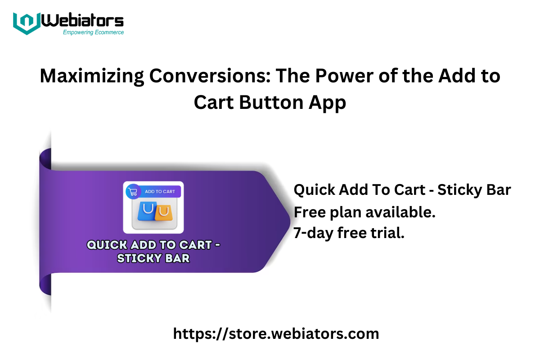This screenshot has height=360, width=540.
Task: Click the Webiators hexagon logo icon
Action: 27,23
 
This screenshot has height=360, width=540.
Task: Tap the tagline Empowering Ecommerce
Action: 93,32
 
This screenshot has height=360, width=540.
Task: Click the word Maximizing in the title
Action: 92,76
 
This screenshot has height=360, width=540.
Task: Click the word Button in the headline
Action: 271,102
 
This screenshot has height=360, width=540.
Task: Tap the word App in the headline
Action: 328,103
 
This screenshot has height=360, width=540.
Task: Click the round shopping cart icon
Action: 133,192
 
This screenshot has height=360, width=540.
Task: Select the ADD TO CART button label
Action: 160,191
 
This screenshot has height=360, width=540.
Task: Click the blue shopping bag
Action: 147,211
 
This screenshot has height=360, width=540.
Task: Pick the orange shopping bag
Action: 164,213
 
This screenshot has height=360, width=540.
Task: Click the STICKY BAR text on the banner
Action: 153,258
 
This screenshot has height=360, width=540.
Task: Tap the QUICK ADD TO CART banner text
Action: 153,245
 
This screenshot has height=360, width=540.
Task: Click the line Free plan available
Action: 364,212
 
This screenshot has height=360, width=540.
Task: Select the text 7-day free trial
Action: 349,233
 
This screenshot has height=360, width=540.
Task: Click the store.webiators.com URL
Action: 276,334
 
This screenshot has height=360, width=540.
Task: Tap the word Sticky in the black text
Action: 460,190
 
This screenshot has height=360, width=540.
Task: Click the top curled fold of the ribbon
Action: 45,160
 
